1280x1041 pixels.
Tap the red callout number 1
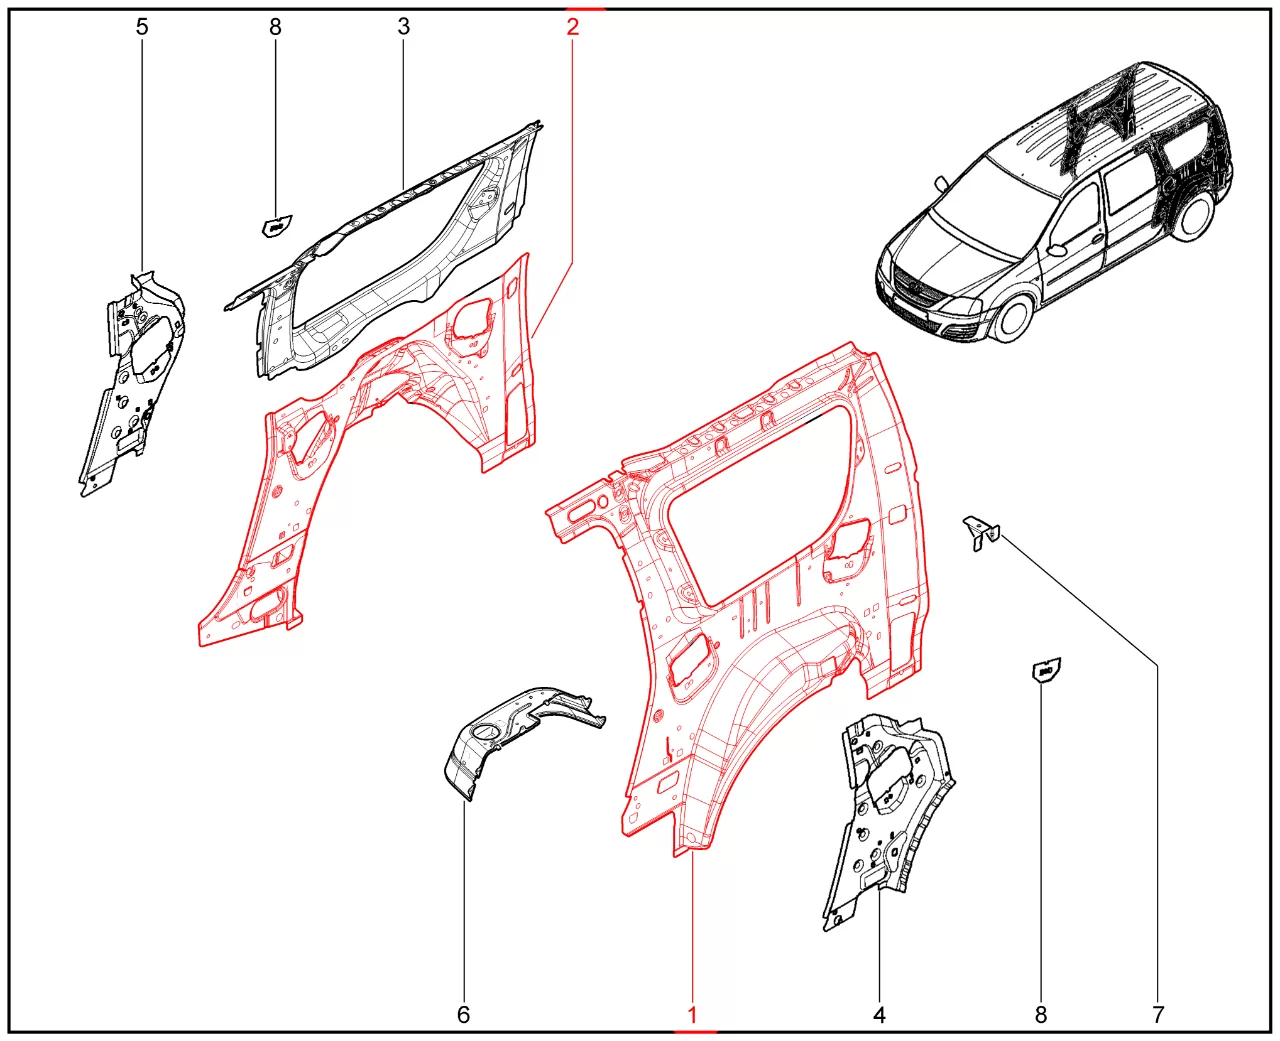point(692,1015)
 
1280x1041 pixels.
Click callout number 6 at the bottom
point(463,1015)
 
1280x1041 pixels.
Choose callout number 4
point(879,1015)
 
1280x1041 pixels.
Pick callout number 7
point(1157,1015)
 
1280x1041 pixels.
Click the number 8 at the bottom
point(1041,1015)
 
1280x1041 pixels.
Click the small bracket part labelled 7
point(981,531)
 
